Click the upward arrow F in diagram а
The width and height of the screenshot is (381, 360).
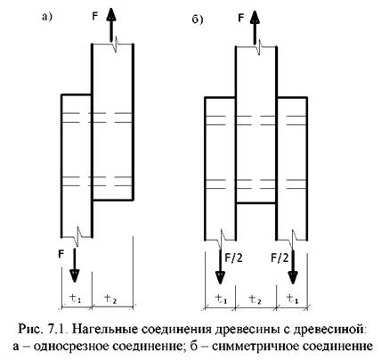pyautogui.click(x=111, y=25)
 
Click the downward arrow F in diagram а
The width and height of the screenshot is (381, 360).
pyautogui.click(x=74, y=265)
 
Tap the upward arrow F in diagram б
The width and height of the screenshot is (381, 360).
pyautogui.click(x=255, y=28)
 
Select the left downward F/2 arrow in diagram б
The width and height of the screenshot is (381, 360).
pyautogui.click(x=220, y=266)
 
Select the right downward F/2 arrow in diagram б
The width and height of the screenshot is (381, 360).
pyautogui.click(x=293, y=266)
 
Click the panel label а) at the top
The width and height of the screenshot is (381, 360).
pyautogui.click(x=47, y=17)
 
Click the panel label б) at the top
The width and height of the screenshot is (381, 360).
pyautogui.click(x=198, y=20)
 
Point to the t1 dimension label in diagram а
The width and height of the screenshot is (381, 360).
pyautogui.click(x=75, y=298)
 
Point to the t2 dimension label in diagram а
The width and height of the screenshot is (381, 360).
pyautogui.click(x=110, y=299)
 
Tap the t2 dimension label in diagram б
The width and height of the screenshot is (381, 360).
pyautogui.click(x=255, y=299)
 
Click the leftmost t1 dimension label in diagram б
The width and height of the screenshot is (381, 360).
pyautogui.click(x=221, y=299)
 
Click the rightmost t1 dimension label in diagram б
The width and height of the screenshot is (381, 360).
pyautogui.click(x=292, y=299)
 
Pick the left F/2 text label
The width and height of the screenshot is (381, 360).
pyautogui.click(x=233, y=258)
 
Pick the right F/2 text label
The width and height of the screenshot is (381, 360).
pyautogui.click(x=280, y=258)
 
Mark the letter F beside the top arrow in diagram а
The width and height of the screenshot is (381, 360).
pyautogui.click(x=95, y=16)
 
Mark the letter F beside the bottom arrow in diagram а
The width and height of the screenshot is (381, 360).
pyautogui.click(x=61, y=254)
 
